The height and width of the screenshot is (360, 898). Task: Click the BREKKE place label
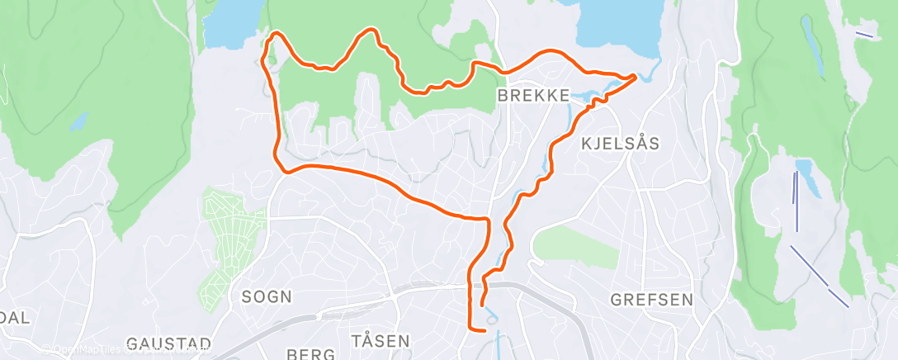coord(533,96)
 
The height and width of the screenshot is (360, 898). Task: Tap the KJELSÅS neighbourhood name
coord(621,144)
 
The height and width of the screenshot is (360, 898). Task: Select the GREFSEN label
coord(652,300)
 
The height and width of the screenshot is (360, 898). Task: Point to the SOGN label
coord(267,296)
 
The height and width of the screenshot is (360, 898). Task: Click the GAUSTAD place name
coord(169,343)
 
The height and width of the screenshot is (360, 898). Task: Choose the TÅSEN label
coord(380,341)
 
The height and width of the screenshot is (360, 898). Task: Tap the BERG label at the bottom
coord(310,354)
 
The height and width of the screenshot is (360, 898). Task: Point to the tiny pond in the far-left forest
coord(79,122)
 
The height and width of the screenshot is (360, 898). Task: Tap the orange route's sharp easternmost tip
coord(635,77)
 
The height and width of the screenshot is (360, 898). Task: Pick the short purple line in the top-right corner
coord(864,34)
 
